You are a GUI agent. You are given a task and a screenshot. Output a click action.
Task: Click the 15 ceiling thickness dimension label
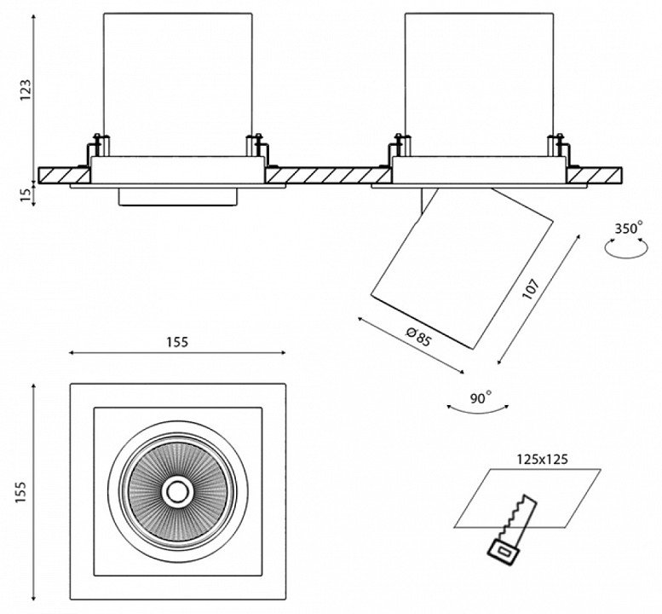coord(26,194)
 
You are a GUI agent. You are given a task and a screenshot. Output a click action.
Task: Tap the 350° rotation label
coord(628,229)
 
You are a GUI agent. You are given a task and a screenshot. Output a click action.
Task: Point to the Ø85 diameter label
coord(418,338)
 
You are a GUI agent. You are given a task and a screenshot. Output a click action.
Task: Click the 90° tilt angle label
coord(480,398)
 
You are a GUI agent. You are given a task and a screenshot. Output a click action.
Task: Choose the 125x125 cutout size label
coord(543,458)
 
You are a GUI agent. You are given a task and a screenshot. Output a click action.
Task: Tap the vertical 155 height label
coord(24,491)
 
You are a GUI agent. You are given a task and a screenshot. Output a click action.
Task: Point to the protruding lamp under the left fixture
coord(177,197)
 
